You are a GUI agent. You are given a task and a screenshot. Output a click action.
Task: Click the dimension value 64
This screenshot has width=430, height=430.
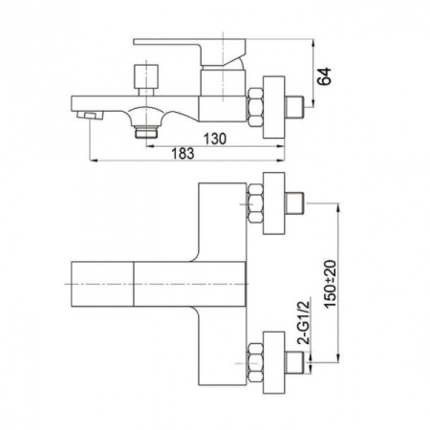(x=325, y=76)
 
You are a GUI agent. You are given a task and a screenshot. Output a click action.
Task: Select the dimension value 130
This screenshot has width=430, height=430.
(x=215, y=139)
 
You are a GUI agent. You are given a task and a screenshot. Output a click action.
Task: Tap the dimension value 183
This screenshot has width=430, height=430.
(x=183, y=154)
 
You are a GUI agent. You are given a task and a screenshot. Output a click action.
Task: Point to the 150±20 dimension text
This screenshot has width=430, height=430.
(x=331, y=284)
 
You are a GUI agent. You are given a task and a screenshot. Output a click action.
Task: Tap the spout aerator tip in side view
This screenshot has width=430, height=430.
(x=91, y=116)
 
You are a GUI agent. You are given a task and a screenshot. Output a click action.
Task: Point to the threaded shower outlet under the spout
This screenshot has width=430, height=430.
(x=146, y=132)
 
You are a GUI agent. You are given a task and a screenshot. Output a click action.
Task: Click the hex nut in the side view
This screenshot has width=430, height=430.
(x=255, y=108)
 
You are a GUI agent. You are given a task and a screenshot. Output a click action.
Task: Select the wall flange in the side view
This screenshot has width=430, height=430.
(x=273, y=107)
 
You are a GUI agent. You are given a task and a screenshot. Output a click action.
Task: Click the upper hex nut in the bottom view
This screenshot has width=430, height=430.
(x=255, y=204)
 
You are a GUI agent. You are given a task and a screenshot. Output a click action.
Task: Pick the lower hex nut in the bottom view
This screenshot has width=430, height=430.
(x=255, y=363)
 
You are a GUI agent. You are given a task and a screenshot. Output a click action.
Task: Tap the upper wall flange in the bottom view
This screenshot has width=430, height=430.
(x=273, y=204)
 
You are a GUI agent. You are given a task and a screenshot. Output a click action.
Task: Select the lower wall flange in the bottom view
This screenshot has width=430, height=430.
(x=273, y=363)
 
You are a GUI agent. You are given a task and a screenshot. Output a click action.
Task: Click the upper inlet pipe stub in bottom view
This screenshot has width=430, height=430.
(x=294, y=204)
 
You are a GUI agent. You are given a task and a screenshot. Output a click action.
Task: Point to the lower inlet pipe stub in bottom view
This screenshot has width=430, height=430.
(x=294, y=363)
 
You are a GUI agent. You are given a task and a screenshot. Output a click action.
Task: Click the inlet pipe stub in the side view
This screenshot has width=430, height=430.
(x=294, y=107)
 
